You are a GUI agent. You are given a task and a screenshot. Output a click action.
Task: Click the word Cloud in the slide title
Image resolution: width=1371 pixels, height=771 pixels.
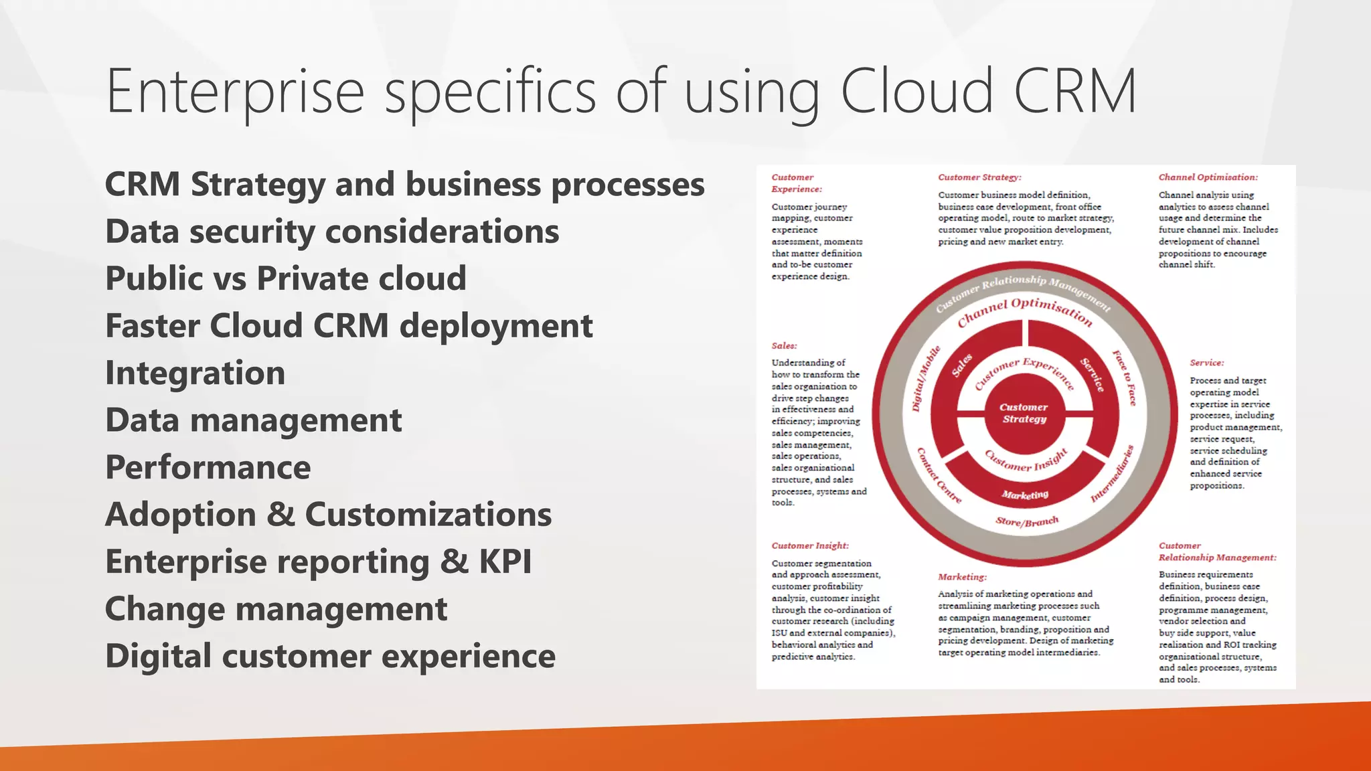[x=916, y=91]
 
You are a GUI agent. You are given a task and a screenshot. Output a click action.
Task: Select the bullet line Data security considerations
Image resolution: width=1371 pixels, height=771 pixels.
[x=332, y=232]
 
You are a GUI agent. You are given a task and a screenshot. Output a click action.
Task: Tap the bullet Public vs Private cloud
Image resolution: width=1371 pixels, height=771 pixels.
[x=286, y=278]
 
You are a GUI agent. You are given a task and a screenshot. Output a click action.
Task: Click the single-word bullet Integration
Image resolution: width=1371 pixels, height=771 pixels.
[x=195, y=373]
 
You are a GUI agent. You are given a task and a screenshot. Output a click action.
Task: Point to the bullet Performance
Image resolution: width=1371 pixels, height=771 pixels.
[x=208, y=467]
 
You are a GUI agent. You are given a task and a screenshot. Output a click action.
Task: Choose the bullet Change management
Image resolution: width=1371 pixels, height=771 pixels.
[x=276, y=609]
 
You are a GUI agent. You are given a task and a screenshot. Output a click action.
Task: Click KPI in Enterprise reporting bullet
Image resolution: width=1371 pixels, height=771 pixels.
[x=505, y=562]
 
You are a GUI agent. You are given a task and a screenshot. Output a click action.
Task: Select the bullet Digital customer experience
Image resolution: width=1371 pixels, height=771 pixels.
[x=330, y=656]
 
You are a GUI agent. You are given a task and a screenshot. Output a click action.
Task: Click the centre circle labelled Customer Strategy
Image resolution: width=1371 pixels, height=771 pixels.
[x=1024, y=413]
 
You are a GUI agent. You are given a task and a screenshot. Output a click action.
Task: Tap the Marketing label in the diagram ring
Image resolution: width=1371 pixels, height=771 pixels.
[x=1025, y=495]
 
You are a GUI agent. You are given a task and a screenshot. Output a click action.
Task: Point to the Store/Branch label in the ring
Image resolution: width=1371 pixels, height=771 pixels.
[x=1027, y=521]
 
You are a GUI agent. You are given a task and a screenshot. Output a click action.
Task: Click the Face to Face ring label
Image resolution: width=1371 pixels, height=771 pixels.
[x=1125, y=377]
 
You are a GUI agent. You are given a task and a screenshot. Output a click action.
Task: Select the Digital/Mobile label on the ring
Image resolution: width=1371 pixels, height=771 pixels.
[x=926, y=378]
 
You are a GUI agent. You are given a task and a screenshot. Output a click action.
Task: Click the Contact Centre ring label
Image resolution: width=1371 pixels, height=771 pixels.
[x=939, y=476]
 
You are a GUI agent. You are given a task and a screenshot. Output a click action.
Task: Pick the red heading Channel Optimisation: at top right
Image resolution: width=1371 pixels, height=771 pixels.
[x=1208, y=177]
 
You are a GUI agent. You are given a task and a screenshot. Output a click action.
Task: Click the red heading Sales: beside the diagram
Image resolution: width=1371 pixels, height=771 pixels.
[x=784, y=346]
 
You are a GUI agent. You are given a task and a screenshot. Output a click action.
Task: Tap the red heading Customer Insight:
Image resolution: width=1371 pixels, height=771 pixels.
[x=809, y=546]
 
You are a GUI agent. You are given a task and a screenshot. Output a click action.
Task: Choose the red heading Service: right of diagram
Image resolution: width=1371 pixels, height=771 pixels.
[x=1206, y=363]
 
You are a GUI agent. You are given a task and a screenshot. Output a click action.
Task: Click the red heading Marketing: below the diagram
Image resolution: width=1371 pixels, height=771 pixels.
[x=962, y=577]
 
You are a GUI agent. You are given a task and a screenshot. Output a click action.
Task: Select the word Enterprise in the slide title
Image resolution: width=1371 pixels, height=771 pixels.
[x=235, y=91]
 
